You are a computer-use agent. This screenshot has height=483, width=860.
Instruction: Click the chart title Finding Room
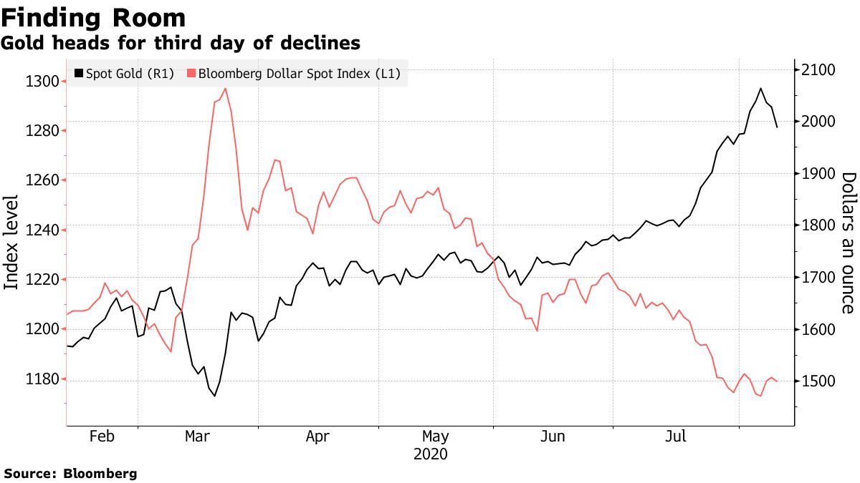pyautogui.click(x=94, y=17)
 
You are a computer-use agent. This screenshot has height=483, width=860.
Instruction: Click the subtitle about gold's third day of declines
pyautogui.click(x=180, y=44)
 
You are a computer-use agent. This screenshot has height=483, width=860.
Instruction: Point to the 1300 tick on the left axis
pyautogui.click(x=42, y=81)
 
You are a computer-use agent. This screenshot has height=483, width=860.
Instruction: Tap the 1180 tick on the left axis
pyautogui.click(x=42, y=379)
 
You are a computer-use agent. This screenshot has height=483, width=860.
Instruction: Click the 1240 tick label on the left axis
pyautogui.click(x=42, y=230)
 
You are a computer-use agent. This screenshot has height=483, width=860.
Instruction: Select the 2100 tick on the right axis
pyautogui.click(x=819, y=70)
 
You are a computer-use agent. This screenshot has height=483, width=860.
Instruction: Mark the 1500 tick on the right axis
pyautogui.click(x=819, y=381)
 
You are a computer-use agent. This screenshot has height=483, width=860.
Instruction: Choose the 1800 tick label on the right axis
pyautogui.click(x=819, y=225)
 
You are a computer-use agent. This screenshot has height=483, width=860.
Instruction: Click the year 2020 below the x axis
pyautogui.click(x=430, y=454)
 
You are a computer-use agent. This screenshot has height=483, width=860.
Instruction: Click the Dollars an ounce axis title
pyautogui.click(x=848, y=243)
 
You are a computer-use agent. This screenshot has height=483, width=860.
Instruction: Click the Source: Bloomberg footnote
pyautogui.click(x=70, y=474)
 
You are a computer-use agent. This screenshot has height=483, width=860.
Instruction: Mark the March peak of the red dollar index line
pyautogui.click(x=225, y=89)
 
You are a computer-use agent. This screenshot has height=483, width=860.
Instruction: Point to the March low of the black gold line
pyautogui.click(x=214, y=396)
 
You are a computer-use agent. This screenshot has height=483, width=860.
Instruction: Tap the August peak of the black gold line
pyautogui.click(x=760, y=89)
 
